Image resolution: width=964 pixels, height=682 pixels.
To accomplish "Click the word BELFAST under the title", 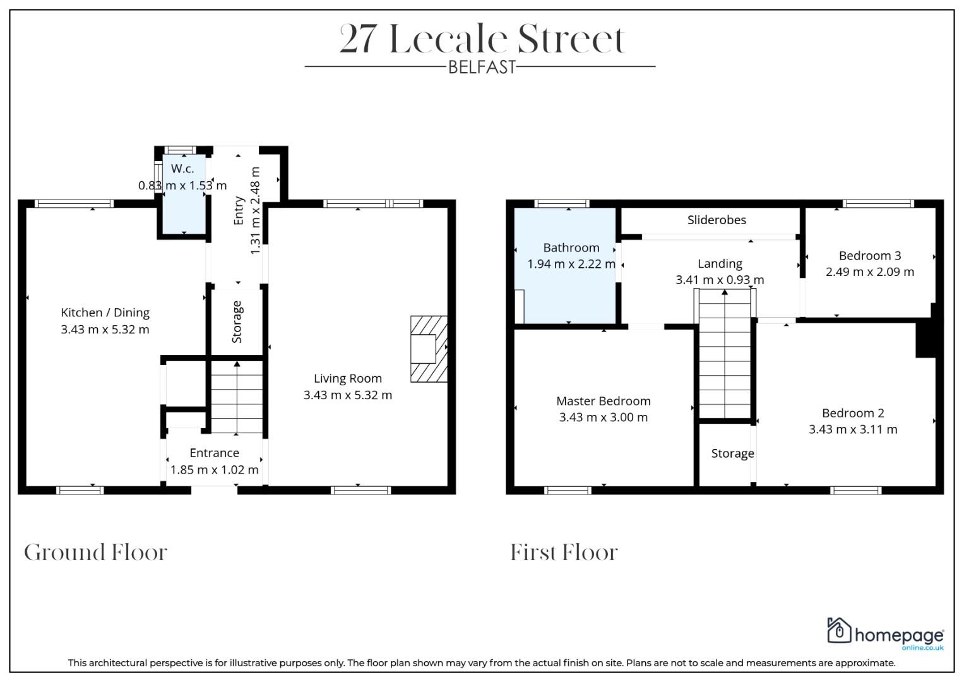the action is pos(482,67).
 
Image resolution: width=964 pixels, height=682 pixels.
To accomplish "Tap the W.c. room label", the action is pos(182,169).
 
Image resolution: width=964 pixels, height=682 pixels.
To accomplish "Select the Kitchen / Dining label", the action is pos(105,313).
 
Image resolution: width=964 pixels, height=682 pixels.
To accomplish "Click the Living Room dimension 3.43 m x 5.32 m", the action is pos(348,395).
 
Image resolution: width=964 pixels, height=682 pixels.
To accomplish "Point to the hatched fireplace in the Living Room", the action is pos(429,349).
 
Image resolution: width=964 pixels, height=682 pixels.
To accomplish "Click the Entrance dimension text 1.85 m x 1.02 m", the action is pos(214,470).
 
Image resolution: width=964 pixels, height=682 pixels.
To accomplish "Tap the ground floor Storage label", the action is pos(237,322).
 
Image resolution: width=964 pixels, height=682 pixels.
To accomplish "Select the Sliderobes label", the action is pos(717,220).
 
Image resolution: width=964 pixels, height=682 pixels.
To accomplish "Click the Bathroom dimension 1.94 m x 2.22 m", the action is pos(571,264).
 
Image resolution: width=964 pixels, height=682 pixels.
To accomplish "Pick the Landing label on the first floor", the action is pos(720,264).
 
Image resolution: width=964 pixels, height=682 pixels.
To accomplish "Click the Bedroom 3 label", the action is pos(870,256).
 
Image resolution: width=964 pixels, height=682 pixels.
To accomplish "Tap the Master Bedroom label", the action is pos(604,401).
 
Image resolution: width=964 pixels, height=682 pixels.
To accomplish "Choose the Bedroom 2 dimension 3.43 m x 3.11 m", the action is pos(853,429).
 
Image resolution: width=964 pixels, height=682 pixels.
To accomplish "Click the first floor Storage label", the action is pos(732,454).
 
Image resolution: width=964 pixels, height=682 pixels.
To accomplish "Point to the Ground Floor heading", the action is pos(95,553).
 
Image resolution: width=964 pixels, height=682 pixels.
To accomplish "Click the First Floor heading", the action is pos(564,553).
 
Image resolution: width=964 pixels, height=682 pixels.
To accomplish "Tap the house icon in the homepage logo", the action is pos(839,630).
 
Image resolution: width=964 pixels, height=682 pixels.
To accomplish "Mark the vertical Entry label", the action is pos(239,210).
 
